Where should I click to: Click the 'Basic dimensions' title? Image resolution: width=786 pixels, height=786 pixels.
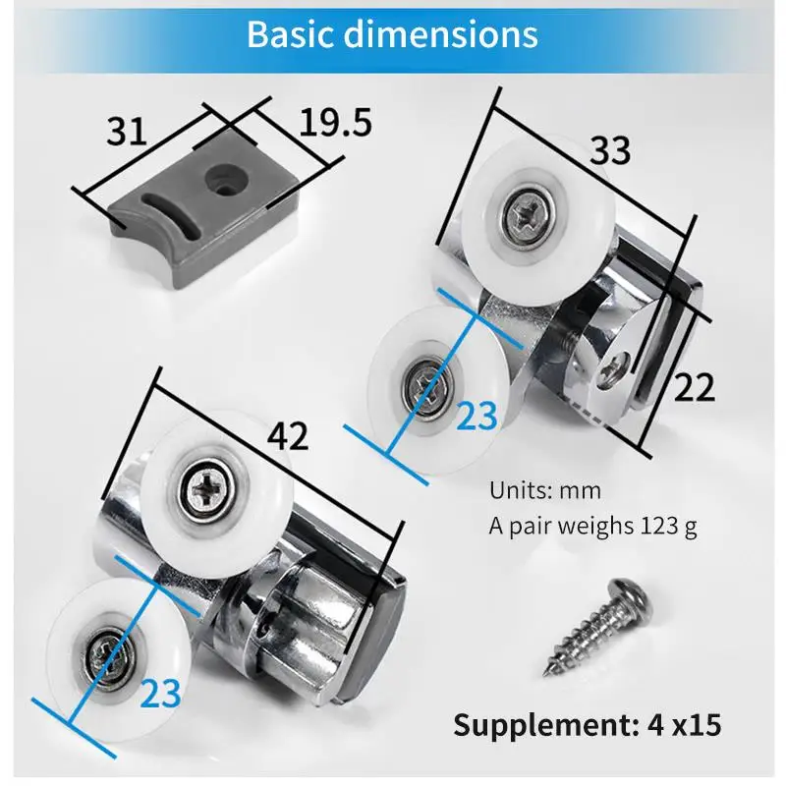[x=392, y=34]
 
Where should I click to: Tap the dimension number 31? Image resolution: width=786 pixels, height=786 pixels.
[x=127, y=132]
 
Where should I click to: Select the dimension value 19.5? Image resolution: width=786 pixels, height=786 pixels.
[x=335, y=123]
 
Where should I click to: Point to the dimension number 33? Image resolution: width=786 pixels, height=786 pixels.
[x=610, y=150]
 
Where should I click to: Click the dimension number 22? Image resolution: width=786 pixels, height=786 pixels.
[x=694, y=387]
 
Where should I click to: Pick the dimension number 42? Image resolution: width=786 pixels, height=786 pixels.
[x=287, y=435]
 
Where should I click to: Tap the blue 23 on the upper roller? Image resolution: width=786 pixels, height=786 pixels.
[x=477, y=416]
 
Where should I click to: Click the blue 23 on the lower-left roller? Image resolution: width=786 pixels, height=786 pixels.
[x=160, y=694]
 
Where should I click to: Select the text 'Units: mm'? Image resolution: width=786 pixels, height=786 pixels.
[x=545, y=490]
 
